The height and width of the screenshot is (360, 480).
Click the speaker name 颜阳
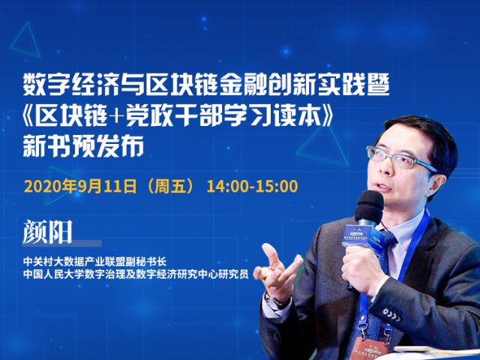(47, 232)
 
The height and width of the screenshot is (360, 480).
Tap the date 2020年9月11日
(80, 187)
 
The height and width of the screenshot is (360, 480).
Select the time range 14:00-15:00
(252, 187)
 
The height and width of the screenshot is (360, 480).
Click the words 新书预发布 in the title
(83, 146)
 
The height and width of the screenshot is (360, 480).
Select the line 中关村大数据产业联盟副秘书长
(95, 262)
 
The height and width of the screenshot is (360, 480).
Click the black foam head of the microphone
(370, 205)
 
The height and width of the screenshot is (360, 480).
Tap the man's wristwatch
(274, 301)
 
